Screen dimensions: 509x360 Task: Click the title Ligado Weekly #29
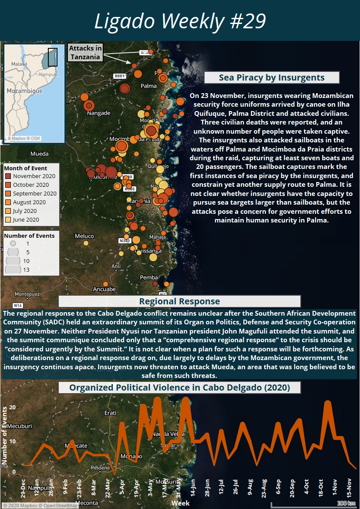pyautogui.click(x=180, y=21)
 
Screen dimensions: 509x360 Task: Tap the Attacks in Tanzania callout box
pyautogui.click(x=85, y=52)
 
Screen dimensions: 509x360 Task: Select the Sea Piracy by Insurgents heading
pyautogui.click(x=272, y=78)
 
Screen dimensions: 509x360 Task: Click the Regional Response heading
pyautogui.click(x=179, y=301)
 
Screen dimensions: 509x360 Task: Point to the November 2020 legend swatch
pyautogui.click(x=8, y=176)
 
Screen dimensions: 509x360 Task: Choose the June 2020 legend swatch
pyautogui.click(x=8, y=220)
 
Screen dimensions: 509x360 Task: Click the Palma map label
pyautogui.click(x=148, y=86)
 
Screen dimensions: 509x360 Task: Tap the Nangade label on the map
pyautogui.click(x=99, y=113)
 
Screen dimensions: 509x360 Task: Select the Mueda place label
pyautogui.click(x=39, y=154)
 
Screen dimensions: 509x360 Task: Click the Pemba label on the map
pyautogui.click(x=149, y=277)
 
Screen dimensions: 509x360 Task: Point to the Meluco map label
pyautogui.click(x=84, y=236)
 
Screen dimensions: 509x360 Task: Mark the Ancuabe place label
pyautogui.click(x=104, y=289)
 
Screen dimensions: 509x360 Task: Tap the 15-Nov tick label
pyautogui.click(x=350, y=487)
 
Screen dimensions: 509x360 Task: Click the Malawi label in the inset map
pyautogui.click(x=19, y=64)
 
